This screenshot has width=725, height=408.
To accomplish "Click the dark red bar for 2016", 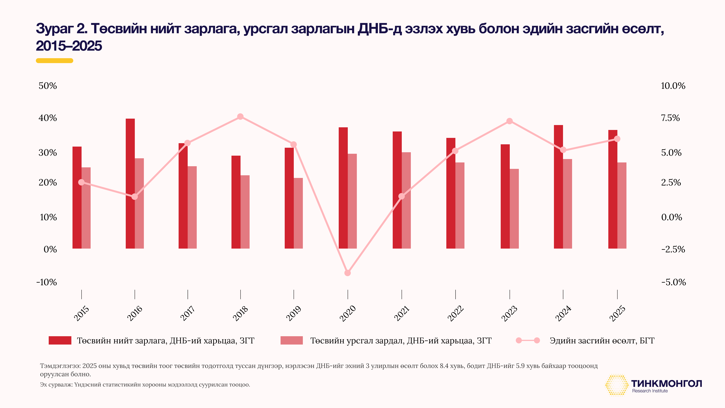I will click(130, 183).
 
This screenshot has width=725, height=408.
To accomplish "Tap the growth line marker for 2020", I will click(348, 273).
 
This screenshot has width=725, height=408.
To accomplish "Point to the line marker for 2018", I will click(240, 117).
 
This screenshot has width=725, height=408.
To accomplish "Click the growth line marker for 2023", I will click(509, 121).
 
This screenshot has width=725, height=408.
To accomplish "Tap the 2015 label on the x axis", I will click(81, 313).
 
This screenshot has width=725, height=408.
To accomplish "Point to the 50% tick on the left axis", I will click(48, 86).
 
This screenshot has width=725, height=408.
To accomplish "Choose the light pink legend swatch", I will click(292, 340).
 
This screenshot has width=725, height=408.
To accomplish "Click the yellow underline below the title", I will click(54, 60).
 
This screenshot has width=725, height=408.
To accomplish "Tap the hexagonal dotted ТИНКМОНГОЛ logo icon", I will click(617, 385).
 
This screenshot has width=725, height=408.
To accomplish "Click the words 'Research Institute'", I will click(650, 391).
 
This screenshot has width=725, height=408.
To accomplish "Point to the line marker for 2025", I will click(617, 139).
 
